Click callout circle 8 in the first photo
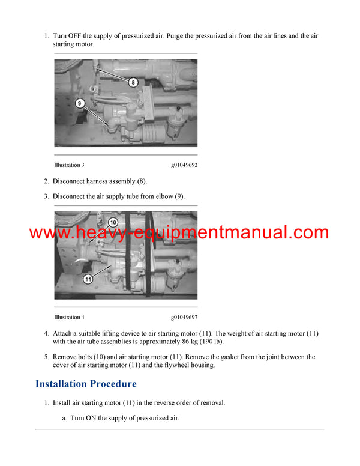133,82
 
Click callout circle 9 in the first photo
80,103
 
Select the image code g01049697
184,317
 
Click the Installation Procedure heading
86,383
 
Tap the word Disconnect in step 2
70,181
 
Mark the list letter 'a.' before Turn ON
64,418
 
